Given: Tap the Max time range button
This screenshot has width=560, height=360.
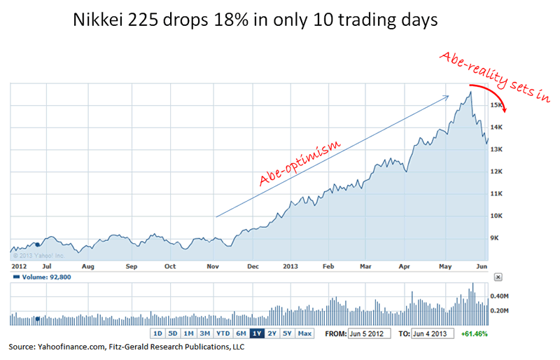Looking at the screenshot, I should (x=304, y=333).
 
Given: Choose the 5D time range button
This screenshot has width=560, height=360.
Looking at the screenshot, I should (x=173, y=333).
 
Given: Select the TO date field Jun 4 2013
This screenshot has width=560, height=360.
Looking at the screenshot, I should (x=433, y=333).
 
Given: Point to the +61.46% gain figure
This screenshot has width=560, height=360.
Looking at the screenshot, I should (x=475, y=333).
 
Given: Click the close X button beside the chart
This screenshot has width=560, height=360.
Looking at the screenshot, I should (x=498, y=277).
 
